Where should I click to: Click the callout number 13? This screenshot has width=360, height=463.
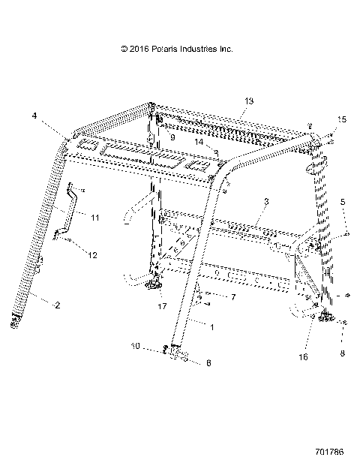[249, 101]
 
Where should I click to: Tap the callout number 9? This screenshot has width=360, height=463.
[172, 138]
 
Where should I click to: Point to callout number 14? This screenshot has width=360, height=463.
[199, 141]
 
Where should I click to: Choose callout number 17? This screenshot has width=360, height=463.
[162, 306]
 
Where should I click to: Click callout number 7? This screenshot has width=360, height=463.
[212, 298]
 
